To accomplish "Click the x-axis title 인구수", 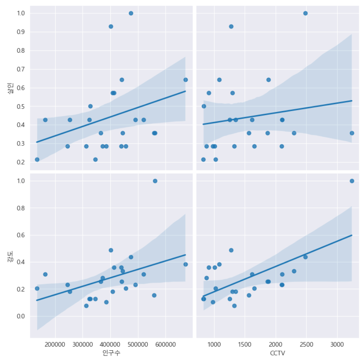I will [x=111, y=353].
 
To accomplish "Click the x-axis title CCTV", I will [x=277, y=353].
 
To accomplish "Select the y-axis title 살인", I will [x=11, y=88].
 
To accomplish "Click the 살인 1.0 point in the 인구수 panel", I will [x=131, y=13].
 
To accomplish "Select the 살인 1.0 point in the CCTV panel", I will [x=305, y=13].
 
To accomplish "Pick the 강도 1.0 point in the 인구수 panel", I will [x=155, y=181].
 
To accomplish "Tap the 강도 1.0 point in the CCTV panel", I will [x=352, y=181].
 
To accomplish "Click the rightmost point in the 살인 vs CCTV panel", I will [x=352, y=133].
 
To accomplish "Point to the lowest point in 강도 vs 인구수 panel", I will [x=86, y=306].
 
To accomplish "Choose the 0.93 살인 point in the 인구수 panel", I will [x=111, y=26].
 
